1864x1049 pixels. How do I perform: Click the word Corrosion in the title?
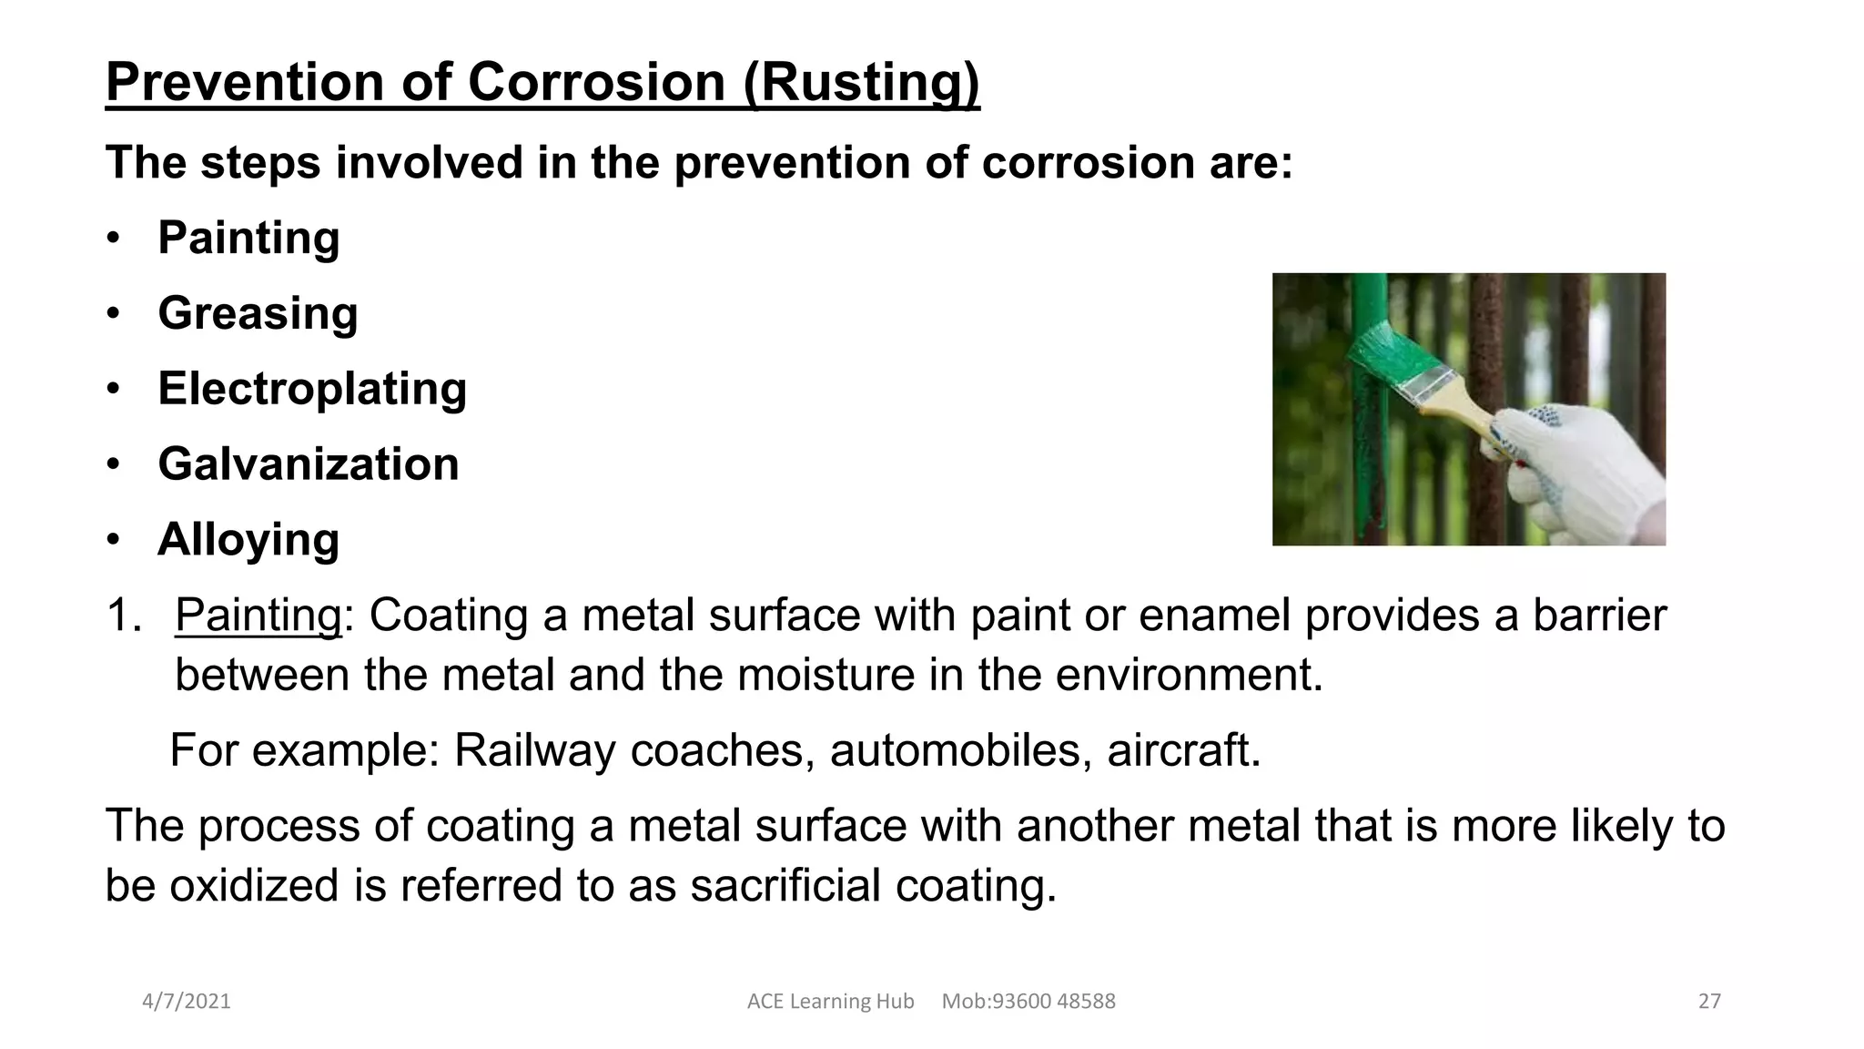596,82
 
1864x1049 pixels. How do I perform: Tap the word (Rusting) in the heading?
861,82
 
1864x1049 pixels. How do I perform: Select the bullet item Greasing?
258,313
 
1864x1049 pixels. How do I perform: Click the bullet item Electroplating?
312,389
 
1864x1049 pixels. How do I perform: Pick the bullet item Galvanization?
308,464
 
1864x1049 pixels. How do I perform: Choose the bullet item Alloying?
248,539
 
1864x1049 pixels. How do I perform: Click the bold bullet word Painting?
248,238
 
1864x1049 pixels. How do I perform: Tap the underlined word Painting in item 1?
258,615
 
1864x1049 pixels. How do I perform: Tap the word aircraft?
1183,750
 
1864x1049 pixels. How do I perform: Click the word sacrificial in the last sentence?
785,885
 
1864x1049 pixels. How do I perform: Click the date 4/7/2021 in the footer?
187,1002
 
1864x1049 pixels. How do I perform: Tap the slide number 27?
1709,1002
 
